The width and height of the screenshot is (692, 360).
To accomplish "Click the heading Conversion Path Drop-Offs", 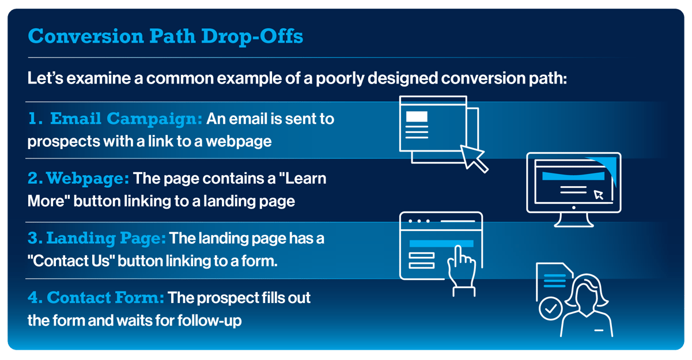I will click(x=165, y=36).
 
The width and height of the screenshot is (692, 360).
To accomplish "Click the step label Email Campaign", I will click(x=126, y=119).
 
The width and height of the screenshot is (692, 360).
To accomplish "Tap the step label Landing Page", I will click(x=106, y=238).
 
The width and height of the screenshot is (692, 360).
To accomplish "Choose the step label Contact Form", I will click(x=105, y=298).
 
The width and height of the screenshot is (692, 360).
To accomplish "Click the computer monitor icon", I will click(x=573, y=184).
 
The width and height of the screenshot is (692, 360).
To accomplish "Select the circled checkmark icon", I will click(x=551, y=308).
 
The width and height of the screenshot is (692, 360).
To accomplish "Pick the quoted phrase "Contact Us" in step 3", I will click(x=72, y=260).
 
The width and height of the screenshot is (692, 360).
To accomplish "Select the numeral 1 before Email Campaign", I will click(x=35, y=119).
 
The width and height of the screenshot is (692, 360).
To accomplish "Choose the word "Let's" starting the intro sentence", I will click(x=44, y=78).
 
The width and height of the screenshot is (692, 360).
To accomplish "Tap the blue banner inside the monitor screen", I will click(x=570, y=176).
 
